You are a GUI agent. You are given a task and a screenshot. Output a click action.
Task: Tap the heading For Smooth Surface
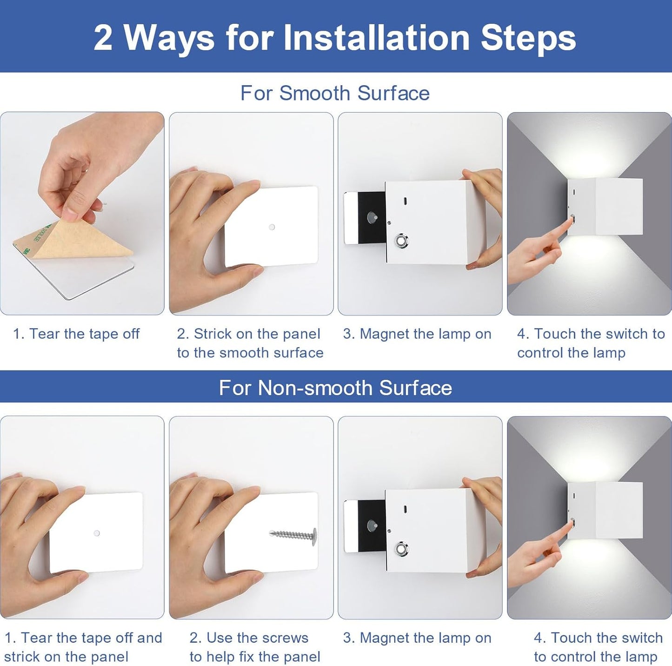[x=335, y=93]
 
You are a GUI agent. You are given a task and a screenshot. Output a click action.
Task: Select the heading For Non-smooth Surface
[x=335, y=388]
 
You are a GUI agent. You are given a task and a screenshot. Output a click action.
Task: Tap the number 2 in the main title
[x=104, y=38]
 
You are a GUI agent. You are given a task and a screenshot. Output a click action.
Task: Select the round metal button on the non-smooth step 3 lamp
[x=402, y=549]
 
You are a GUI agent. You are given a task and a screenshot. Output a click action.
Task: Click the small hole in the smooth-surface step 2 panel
[x=272, y=227]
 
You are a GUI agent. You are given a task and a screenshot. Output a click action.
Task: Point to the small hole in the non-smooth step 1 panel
[x=97, y=533]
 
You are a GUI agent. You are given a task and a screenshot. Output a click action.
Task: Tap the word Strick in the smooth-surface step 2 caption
[x=213, y=334]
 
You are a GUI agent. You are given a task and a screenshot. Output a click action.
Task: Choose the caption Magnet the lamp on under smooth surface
[x=417, y=334]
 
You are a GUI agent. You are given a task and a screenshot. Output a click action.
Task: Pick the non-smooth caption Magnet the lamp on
[x=417, y=638]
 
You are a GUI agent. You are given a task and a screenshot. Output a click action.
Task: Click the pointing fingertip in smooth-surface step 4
[x=572, y=220]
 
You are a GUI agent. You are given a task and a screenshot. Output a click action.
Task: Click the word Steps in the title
[x=528, y=38]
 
